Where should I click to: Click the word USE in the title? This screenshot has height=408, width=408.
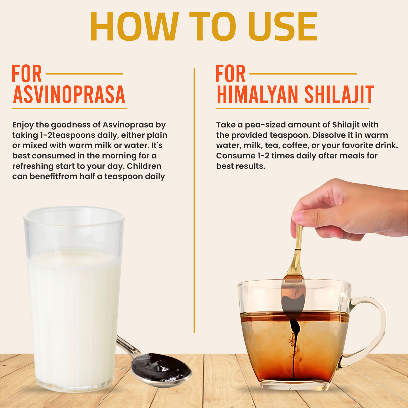pos(283,27)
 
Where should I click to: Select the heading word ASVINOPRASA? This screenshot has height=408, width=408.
pos(69,95)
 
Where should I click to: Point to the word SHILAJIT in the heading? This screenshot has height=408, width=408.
pos(339,95)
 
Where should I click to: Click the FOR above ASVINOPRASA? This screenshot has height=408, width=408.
pos(27,74)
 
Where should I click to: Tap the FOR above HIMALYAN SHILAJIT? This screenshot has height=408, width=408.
pos(230,74)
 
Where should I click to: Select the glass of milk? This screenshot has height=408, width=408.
pos(74,299)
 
